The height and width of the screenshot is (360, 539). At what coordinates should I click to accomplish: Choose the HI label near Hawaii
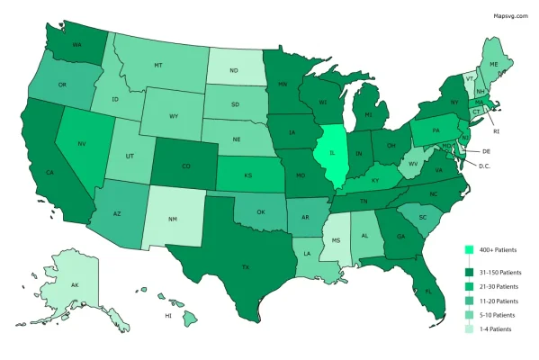[168, 316]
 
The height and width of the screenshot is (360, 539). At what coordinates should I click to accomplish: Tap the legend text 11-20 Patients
[500, 301]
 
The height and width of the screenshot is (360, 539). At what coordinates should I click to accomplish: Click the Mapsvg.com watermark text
[511, 15]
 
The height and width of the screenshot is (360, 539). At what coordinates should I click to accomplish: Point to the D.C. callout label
[484, 166]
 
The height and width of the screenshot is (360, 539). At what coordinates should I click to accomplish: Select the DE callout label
[486, 151]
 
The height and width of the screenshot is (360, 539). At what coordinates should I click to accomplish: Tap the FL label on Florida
[428, 292]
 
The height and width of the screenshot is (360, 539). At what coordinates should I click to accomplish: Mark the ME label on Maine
[494, 66]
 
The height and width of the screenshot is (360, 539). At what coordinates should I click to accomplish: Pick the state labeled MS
[337, 240]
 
